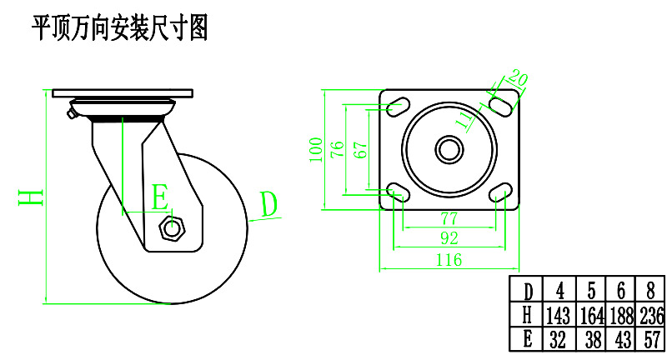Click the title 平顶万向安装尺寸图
click(x=118, y=28)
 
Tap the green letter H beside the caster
click(x=31, y=197)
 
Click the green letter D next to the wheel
click(x=268, y=203)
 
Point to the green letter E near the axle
click(x=159, y=197)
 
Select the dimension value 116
click(x=449, y=261)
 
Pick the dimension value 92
click(x=449, y=238)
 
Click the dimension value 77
click(x=449, y=219)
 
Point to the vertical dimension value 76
click(x=337, y=150)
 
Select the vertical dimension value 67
click(x=359, y=150)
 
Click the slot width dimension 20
click(x=519, y=80)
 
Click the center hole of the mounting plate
click(x=449, y=150)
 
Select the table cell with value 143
click(x=559, y=316)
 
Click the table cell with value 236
click(x=650, y=316)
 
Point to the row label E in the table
click(x=527, y=339)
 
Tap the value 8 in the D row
click(x=650, y=292)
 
